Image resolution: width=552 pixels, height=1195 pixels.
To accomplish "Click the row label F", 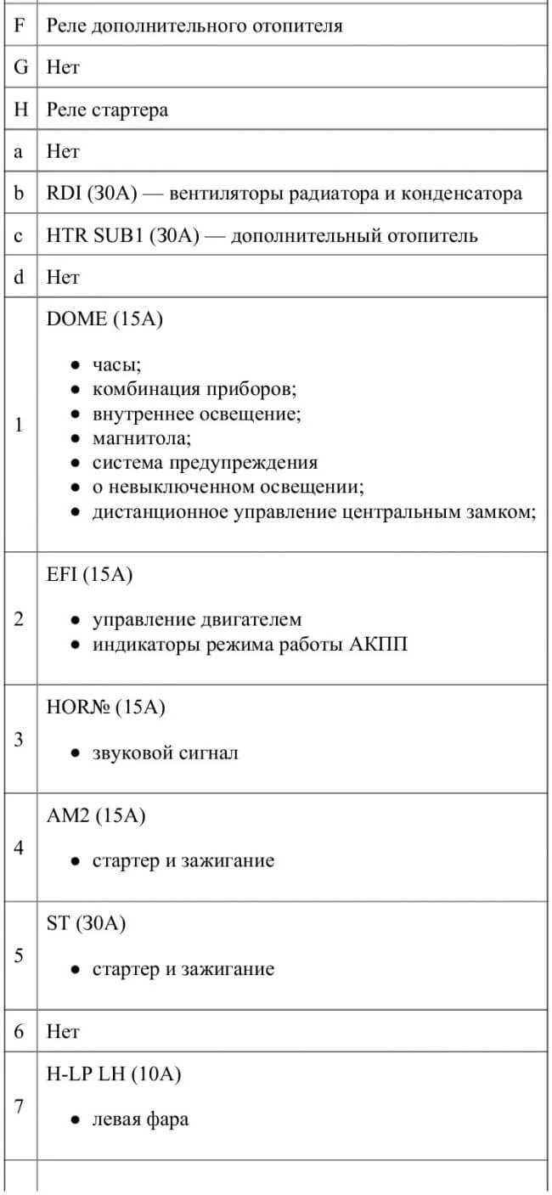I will pyautogui.click(x=20, y=25).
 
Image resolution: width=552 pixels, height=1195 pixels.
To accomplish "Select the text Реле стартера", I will pyautogui.click(x=107, y=110).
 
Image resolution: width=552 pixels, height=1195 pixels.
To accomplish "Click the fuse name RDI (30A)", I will pyautogui.click(x=99, y=194).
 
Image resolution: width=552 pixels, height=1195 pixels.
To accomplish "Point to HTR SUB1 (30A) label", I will pyautogui.click(x=122, y=236).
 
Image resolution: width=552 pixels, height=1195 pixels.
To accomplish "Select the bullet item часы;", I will pyautogui.click(x=116, y=366).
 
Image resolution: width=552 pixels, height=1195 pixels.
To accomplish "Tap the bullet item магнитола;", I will pyautogui.click(x=142, y=438).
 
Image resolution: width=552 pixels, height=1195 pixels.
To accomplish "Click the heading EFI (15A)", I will pyautogui.click(x=90, y=575).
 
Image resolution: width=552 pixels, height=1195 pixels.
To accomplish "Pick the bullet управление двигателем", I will pyautogui.click(x=196, y=620).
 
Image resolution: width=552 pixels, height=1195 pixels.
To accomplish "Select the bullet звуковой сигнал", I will pyautogui.click(x=165, y=753).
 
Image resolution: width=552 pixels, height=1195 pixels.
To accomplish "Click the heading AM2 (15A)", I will pyautogui.click(x=96, y=815).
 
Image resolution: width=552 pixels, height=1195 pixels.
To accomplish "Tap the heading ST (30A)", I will pyautogui.click(x=86, y=924).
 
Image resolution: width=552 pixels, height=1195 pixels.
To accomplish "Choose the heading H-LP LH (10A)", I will pyautogui.click(x=114, y=1074).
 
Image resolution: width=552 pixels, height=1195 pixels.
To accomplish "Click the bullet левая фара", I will pyautogui.click(x=140, y=1119).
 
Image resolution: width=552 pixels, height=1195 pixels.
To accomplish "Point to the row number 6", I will pyautogui.click(x=20, y=1032).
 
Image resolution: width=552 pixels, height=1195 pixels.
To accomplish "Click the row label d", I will pyautogui.click(x=20, y=277).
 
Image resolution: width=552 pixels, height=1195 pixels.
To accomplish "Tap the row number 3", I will pyautogui.click(x=20, y=739).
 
